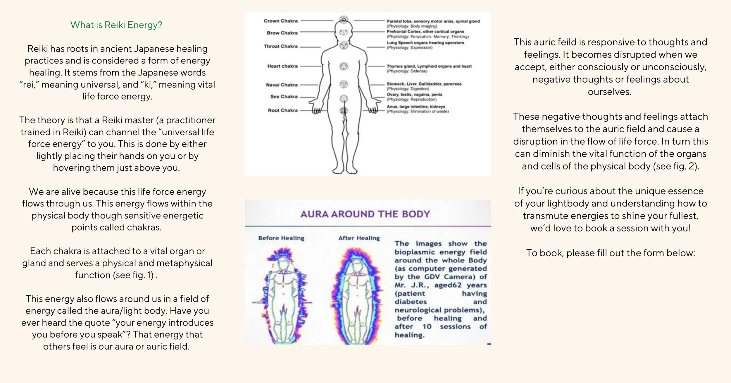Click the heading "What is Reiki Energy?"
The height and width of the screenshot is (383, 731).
[x=116, y=25]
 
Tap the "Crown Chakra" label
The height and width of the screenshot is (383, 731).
[x=280, y=21]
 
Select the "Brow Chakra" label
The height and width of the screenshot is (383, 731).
[x=282, y=33]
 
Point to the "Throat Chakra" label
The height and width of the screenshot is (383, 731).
[x=280, y=46]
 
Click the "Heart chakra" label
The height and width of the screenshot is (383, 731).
[x=282, y=66]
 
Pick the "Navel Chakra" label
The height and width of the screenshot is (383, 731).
[x=282, y=85]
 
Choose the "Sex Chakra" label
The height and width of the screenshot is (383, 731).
[x=284, y=97]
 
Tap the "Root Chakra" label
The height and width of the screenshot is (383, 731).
[x=282, y=110]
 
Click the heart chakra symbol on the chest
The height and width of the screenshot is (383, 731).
[x=344, y=66]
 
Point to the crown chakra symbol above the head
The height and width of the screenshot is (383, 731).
[x=344, y=20]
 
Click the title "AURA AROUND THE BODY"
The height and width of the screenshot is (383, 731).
[x=365, y=214]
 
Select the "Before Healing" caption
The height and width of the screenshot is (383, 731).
[x=281, y=238]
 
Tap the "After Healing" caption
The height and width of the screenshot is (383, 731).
[x=359, y=238]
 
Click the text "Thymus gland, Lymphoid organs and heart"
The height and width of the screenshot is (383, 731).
[x=429, y=66]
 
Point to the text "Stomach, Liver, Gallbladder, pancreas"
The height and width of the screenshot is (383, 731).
[x=424, y=84]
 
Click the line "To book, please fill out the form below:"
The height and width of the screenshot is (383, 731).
[x=611, y=253]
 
